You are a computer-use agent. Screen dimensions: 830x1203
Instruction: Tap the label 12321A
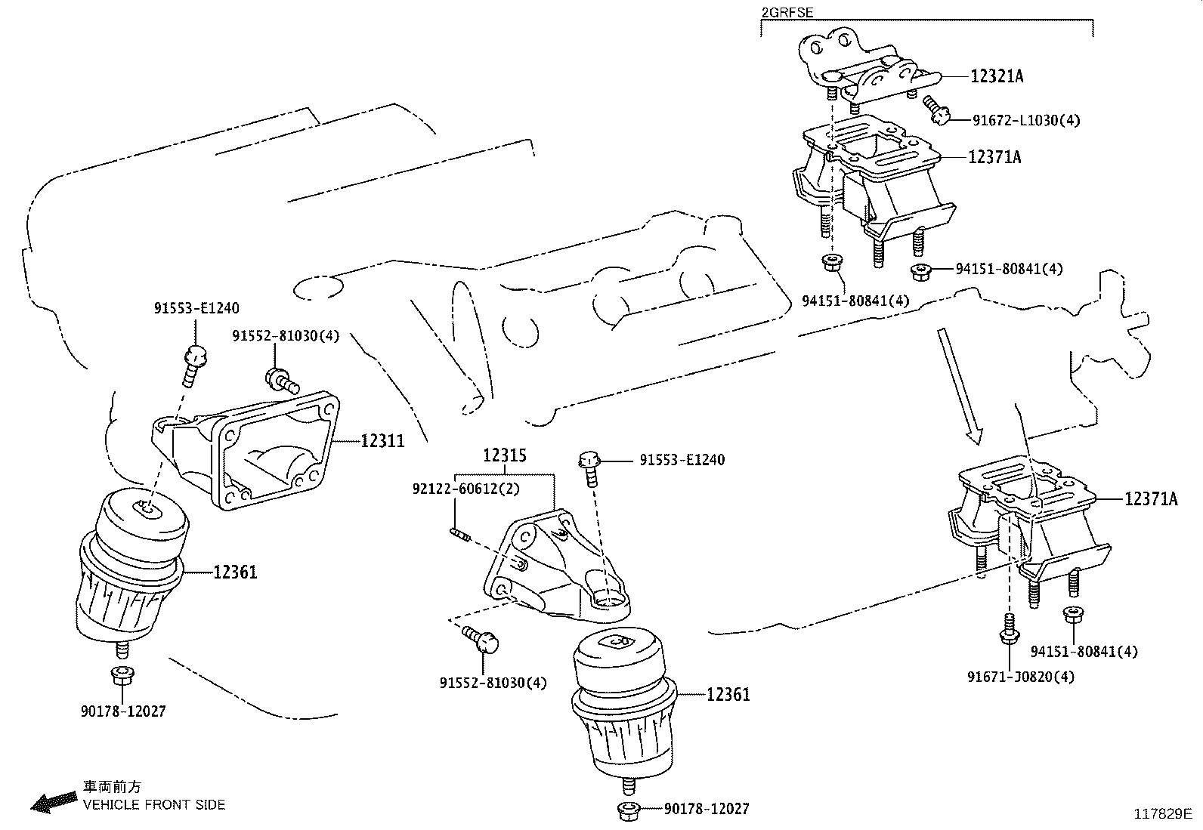(997, 76)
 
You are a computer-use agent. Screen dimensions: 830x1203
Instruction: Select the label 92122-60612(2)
(466, 489)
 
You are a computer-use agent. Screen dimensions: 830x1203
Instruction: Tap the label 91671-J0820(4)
(1020, 677)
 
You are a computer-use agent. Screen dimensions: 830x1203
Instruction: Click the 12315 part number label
(505, 456)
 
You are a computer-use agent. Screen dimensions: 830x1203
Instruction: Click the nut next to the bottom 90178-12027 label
(629, 811)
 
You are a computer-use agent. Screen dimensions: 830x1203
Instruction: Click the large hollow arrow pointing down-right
(960, 384)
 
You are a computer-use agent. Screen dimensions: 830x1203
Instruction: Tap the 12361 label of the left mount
(235, 572)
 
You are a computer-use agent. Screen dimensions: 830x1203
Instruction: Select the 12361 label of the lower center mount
(728, 694)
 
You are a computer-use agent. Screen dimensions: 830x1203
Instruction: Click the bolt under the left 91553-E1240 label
(195, 360)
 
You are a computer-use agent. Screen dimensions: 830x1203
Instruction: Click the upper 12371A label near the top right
(994, 157)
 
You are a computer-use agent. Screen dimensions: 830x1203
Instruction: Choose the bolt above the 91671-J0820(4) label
(1007, 631)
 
